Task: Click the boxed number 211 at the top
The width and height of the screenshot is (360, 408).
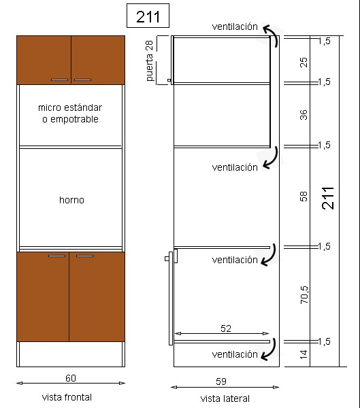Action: pyautogui.click(x=148, y=16)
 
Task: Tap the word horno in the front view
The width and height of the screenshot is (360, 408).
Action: pyautogui.click(x=71, y=200)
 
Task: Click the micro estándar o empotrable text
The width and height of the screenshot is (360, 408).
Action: pyautogui.click(x=70, y=113)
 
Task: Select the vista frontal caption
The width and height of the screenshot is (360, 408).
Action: pyautogui.click(x=67, y=397)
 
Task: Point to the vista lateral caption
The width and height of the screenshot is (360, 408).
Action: pyautogui.click(x=225, y=398)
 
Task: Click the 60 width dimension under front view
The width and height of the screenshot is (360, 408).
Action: pyautogui.click(x=71, y=378)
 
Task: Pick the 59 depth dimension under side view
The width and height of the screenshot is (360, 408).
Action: pyautogui.click(x=221, y=381)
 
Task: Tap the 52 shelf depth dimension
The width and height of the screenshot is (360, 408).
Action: pyautogui.click(x=226, y=328)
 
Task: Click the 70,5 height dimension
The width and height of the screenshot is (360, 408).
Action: pyautogui.click(x=304, y=295)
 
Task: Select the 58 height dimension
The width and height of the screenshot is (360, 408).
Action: pyautogui.click(x=304, y=197)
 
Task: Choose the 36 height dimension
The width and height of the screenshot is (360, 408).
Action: pyautogui.click(x=304, y=115)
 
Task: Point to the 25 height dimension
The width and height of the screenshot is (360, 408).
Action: pyautogui.click(x=304, y=63)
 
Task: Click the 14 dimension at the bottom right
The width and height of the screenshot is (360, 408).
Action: pyautogui.click(x=304, y=354)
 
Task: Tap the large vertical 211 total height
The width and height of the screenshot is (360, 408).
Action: pyautogui.click(x=328, y=198)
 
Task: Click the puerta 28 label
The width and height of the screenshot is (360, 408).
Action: pyautogui.click(x=149, y=61)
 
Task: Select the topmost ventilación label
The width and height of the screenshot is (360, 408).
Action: pyautogui.click(x=235, y=27)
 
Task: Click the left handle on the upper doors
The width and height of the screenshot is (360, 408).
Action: pyautogui.click(x=59, y=80)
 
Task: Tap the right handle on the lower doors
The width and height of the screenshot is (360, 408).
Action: pyautogui.click(x=84, y=256)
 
